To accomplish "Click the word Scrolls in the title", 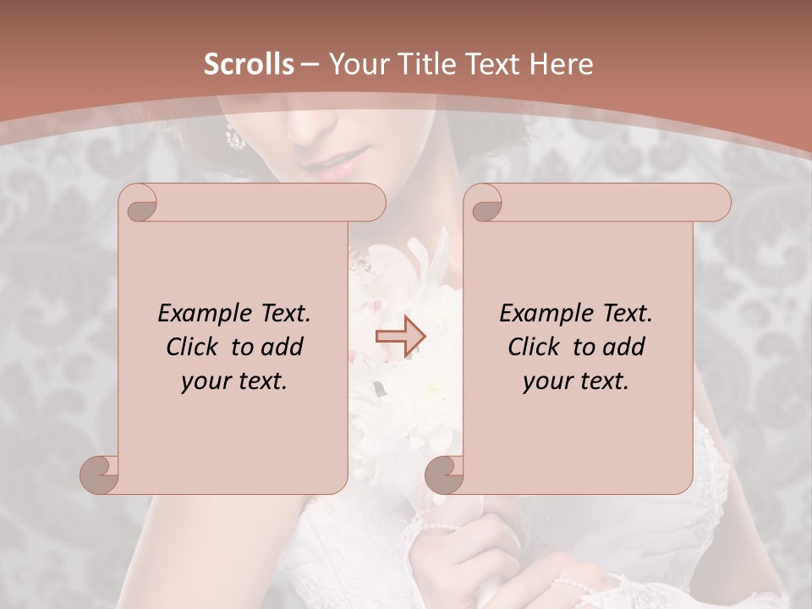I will tap(249, 63).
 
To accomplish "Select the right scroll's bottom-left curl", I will tap(445, 474).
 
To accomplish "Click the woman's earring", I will tap(234, 137).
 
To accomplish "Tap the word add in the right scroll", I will tap(625, 347).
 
